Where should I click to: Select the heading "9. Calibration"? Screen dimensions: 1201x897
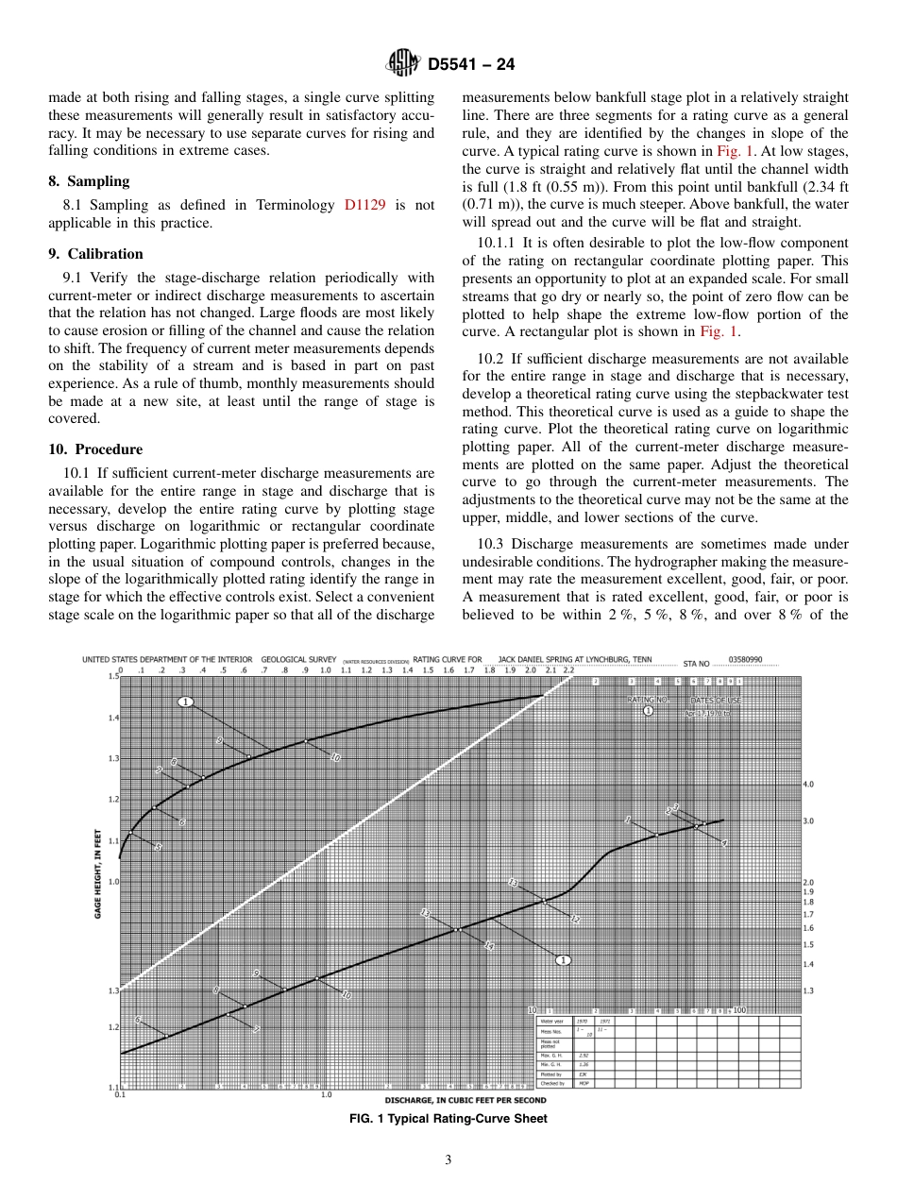95,254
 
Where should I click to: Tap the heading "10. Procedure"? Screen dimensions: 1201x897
95,449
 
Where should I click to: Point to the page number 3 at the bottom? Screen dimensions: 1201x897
448,1160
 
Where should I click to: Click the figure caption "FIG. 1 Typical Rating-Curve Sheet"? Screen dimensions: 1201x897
448,1119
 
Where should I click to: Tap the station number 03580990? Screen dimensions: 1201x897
745,659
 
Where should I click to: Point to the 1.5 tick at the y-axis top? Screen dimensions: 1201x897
113,676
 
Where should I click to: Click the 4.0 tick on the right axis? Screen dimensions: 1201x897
808,784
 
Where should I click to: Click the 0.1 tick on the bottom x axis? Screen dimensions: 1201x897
120,1095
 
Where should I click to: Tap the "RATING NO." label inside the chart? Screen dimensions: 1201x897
648,700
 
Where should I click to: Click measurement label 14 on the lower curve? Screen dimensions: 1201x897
488,945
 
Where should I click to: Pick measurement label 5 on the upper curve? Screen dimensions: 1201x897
159,847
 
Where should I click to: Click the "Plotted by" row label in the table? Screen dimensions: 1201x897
550,1074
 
